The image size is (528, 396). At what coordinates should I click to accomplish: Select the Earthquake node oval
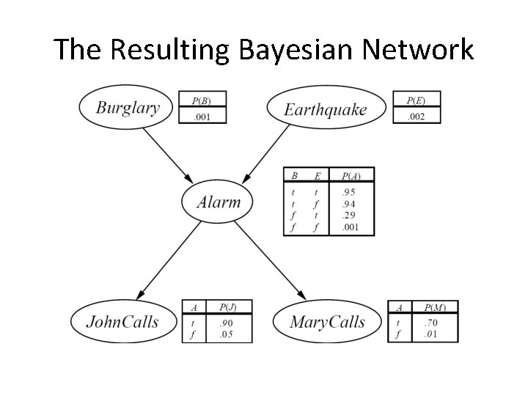click(x=325, y=109)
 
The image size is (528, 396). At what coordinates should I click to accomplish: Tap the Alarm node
click(x=219, y=202)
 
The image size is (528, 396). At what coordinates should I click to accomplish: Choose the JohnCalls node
click(x=123, y=321)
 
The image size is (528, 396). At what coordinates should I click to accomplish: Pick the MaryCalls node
click(x=327, y=321)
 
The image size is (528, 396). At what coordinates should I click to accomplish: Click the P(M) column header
click(x=434, y=308)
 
